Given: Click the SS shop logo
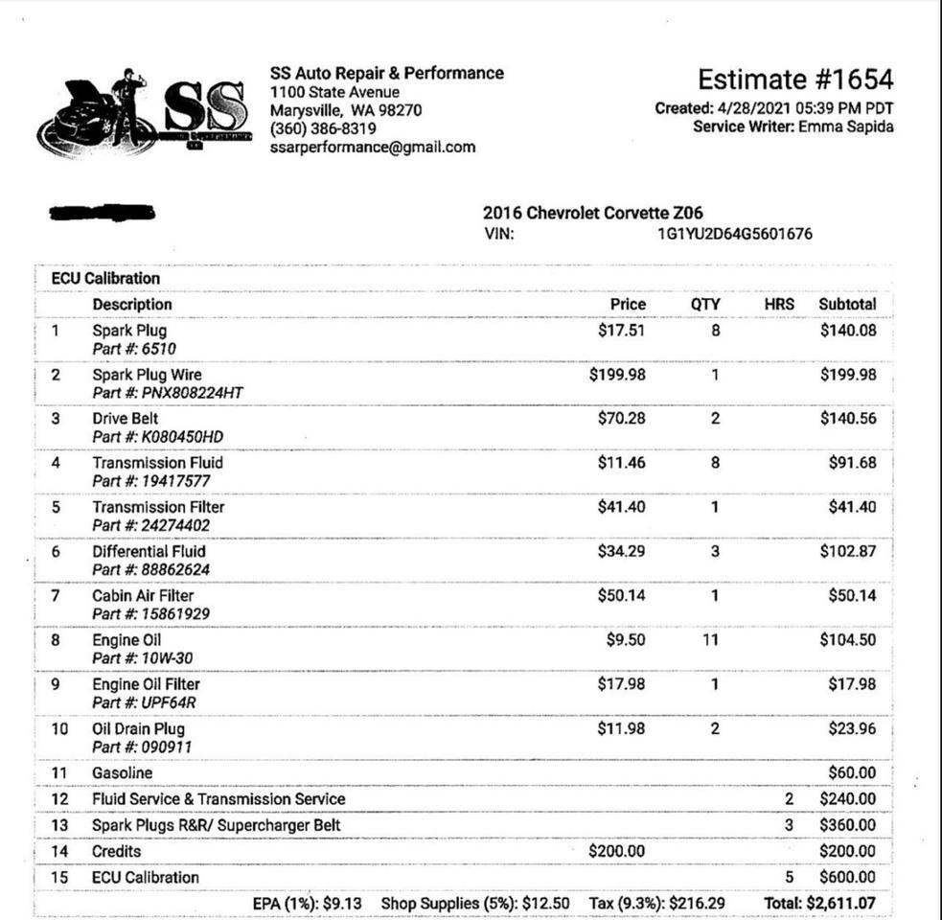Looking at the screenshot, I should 144,113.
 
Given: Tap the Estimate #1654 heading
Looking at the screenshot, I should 794,80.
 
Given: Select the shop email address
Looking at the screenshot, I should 372,148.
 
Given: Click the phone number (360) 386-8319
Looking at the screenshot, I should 323,128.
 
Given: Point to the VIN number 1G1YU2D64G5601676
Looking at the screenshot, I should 734,234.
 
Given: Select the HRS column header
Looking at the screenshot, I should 779,305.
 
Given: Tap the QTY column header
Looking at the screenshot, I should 705,305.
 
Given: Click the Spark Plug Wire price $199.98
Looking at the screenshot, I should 617,375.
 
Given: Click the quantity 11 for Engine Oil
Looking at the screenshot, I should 710,640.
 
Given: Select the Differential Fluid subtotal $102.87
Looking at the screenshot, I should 847,552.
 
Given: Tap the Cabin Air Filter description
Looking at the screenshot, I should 143,596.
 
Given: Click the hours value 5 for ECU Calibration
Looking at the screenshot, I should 790,877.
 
